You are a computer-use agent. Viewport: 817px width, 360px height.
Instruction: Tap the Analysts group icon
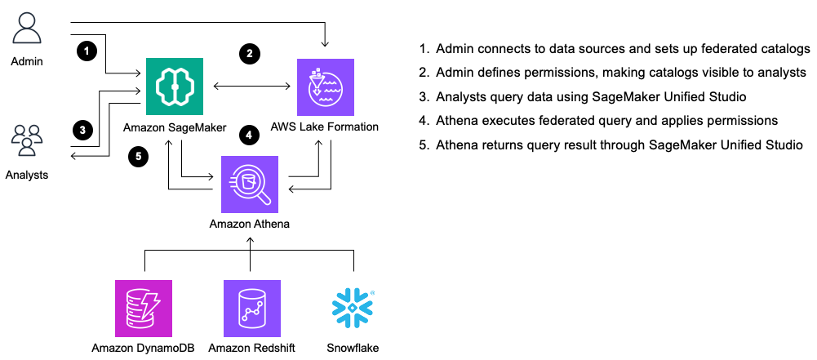point(28,140)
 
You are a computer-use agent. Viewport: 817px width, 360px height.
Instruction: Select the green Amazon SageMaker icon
point(175,87)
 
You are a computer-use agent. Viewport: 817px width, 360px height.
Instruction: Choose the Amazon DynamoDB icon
point(144,308)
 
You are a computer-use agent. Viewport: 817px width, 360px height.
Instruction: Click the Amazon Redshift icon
point(251,308)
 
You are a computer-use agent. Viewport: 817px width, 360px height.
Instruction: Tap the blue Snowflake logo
point(353,308)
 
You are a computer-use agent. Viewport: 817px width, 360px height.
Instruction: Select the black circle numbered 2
point(250,55)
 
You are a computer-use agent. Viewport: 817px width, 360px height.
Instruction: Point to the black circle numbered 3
point(82,129)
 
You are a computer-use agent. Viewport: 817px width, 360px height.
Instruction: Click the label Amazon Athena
point(250,224)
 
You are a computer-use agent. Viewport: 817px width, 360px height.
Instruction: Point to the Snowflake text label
point(353,349)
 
